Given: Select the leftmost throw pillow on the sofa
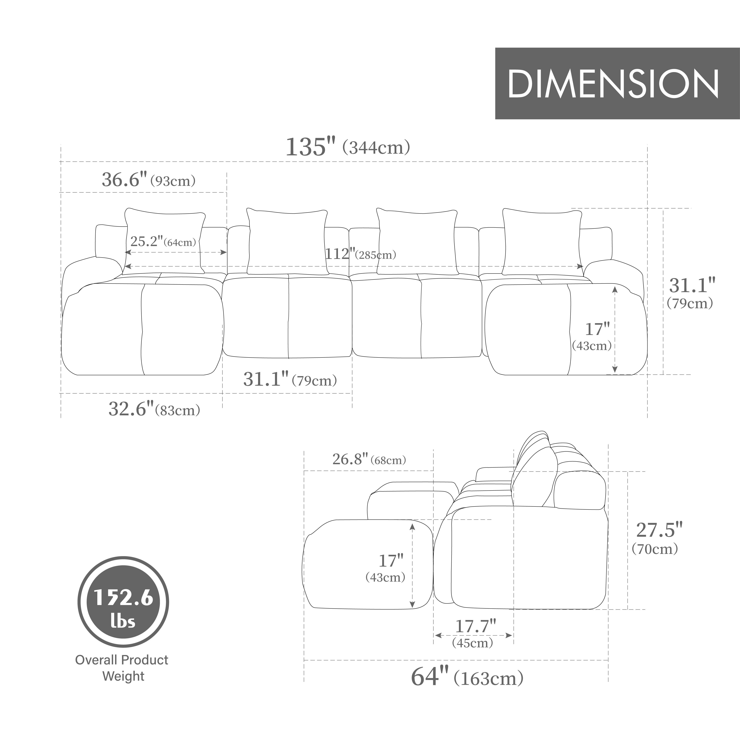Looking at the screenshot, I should click(x=165, y=240).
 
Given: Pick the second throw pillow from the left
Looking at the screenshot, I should click(x=287, y=241).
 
